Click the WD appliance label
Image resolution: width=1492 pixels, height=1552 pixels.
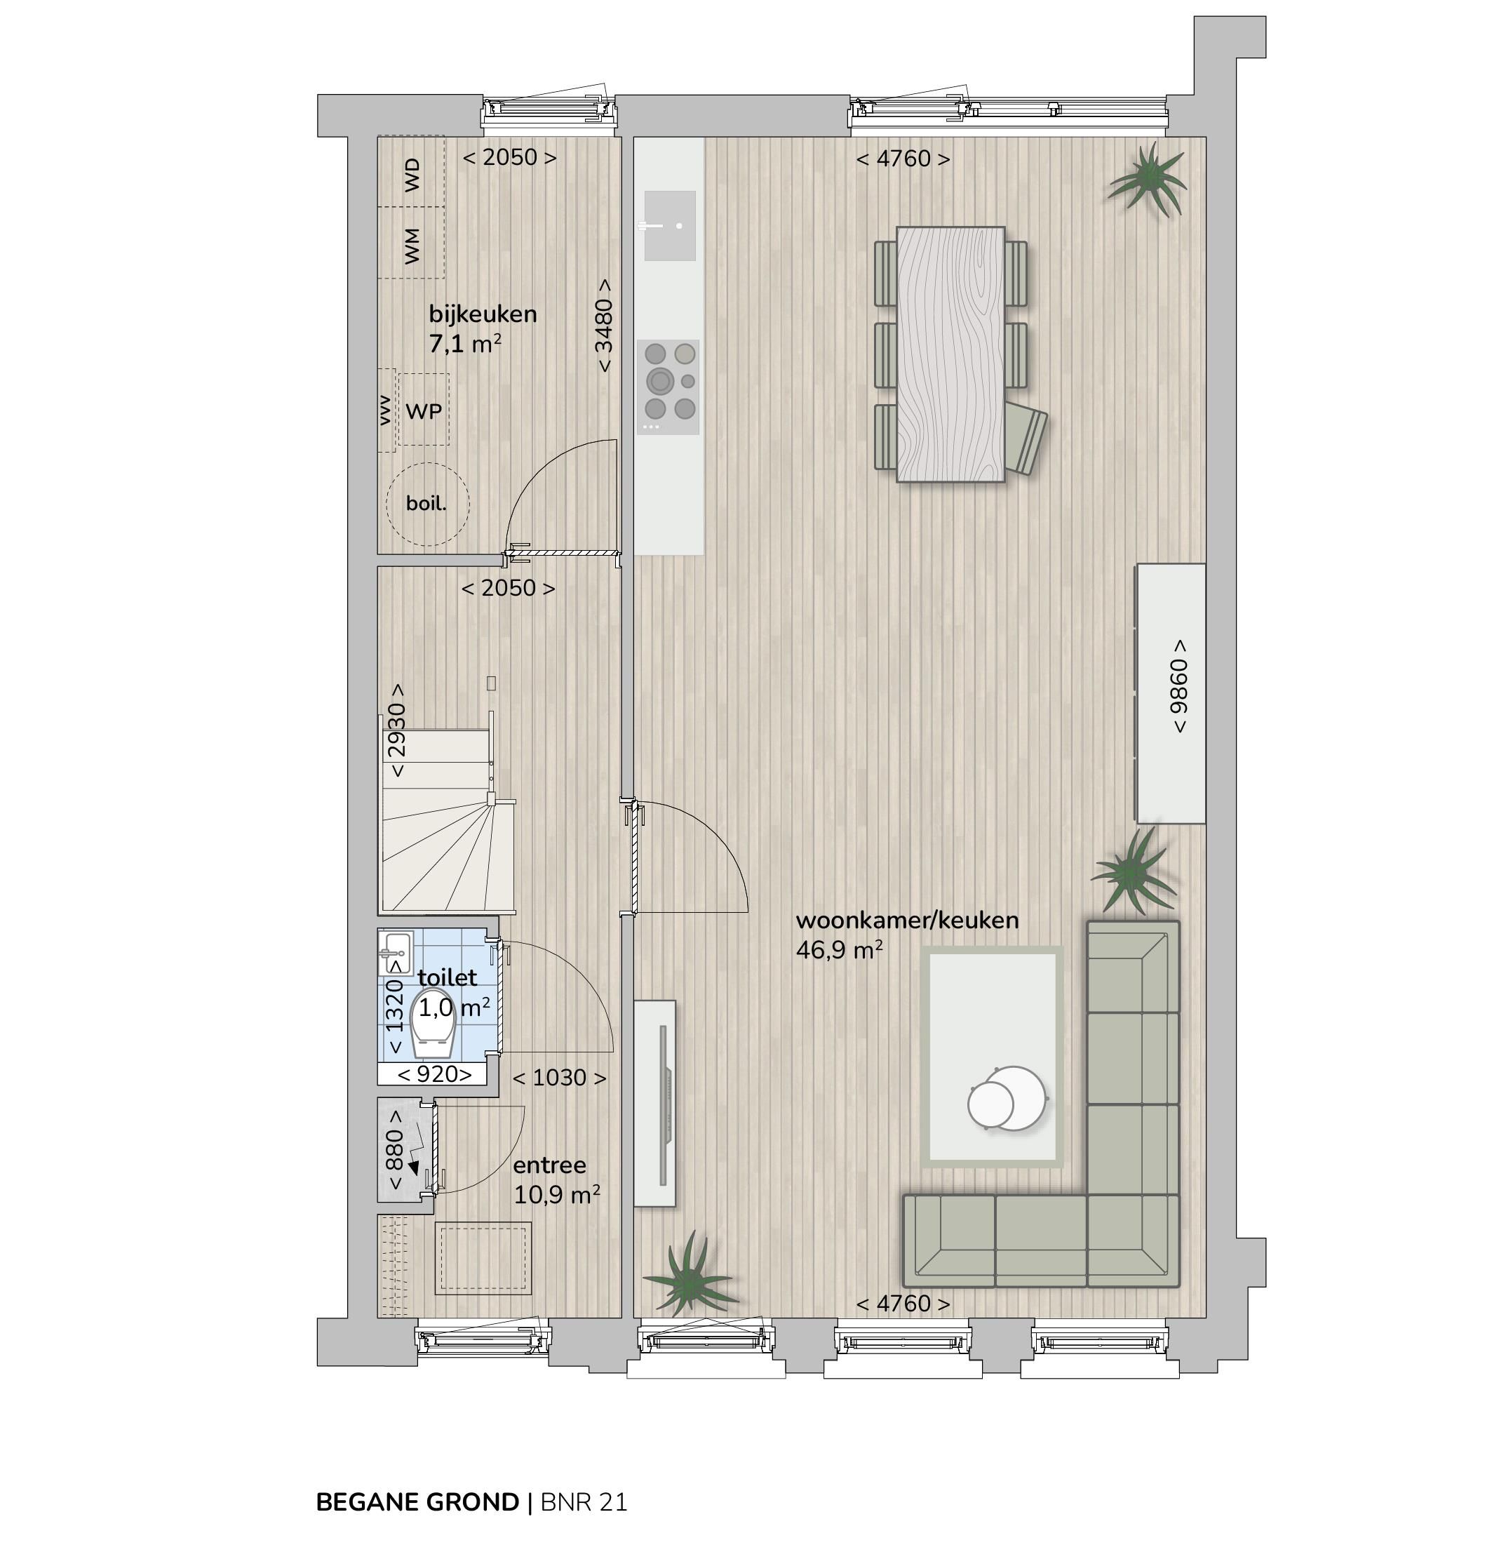click(412, 174)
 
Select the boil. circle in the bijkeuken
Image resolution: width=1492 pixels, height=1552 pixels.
click(426, 504)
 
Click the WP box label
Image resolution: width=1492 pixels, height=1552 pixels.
click(424, 411)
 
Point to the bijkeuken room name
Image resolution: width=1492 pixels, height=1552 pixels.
click(482, 314)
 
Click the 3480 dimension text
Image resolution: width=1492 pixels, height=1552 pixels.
click(604, 325)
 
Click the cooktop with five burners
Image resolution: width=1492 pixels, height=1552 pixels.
click(668, 387)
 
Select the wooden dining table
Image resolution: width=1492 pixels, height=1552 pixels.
click(950, 354)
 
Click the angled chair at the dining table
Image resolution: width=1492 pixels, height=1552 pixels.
click(1027, 439)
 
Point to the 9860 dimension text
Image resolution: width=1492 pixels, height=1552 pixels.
click(1178, 685)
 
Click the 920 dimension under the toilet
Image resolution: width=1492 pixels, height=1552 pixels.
click(434, 1074)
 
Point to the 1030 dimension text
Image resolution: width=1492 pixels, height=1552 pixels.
click(559, 1078)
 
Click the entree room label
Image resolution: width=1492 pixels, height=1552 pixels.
click(549, 1165)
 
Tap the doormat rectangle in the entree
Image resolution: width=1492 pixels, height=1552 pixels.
click(482, 1258)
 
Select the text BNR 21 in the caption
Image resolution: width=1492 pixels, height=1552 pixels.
click(584, 1502)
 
